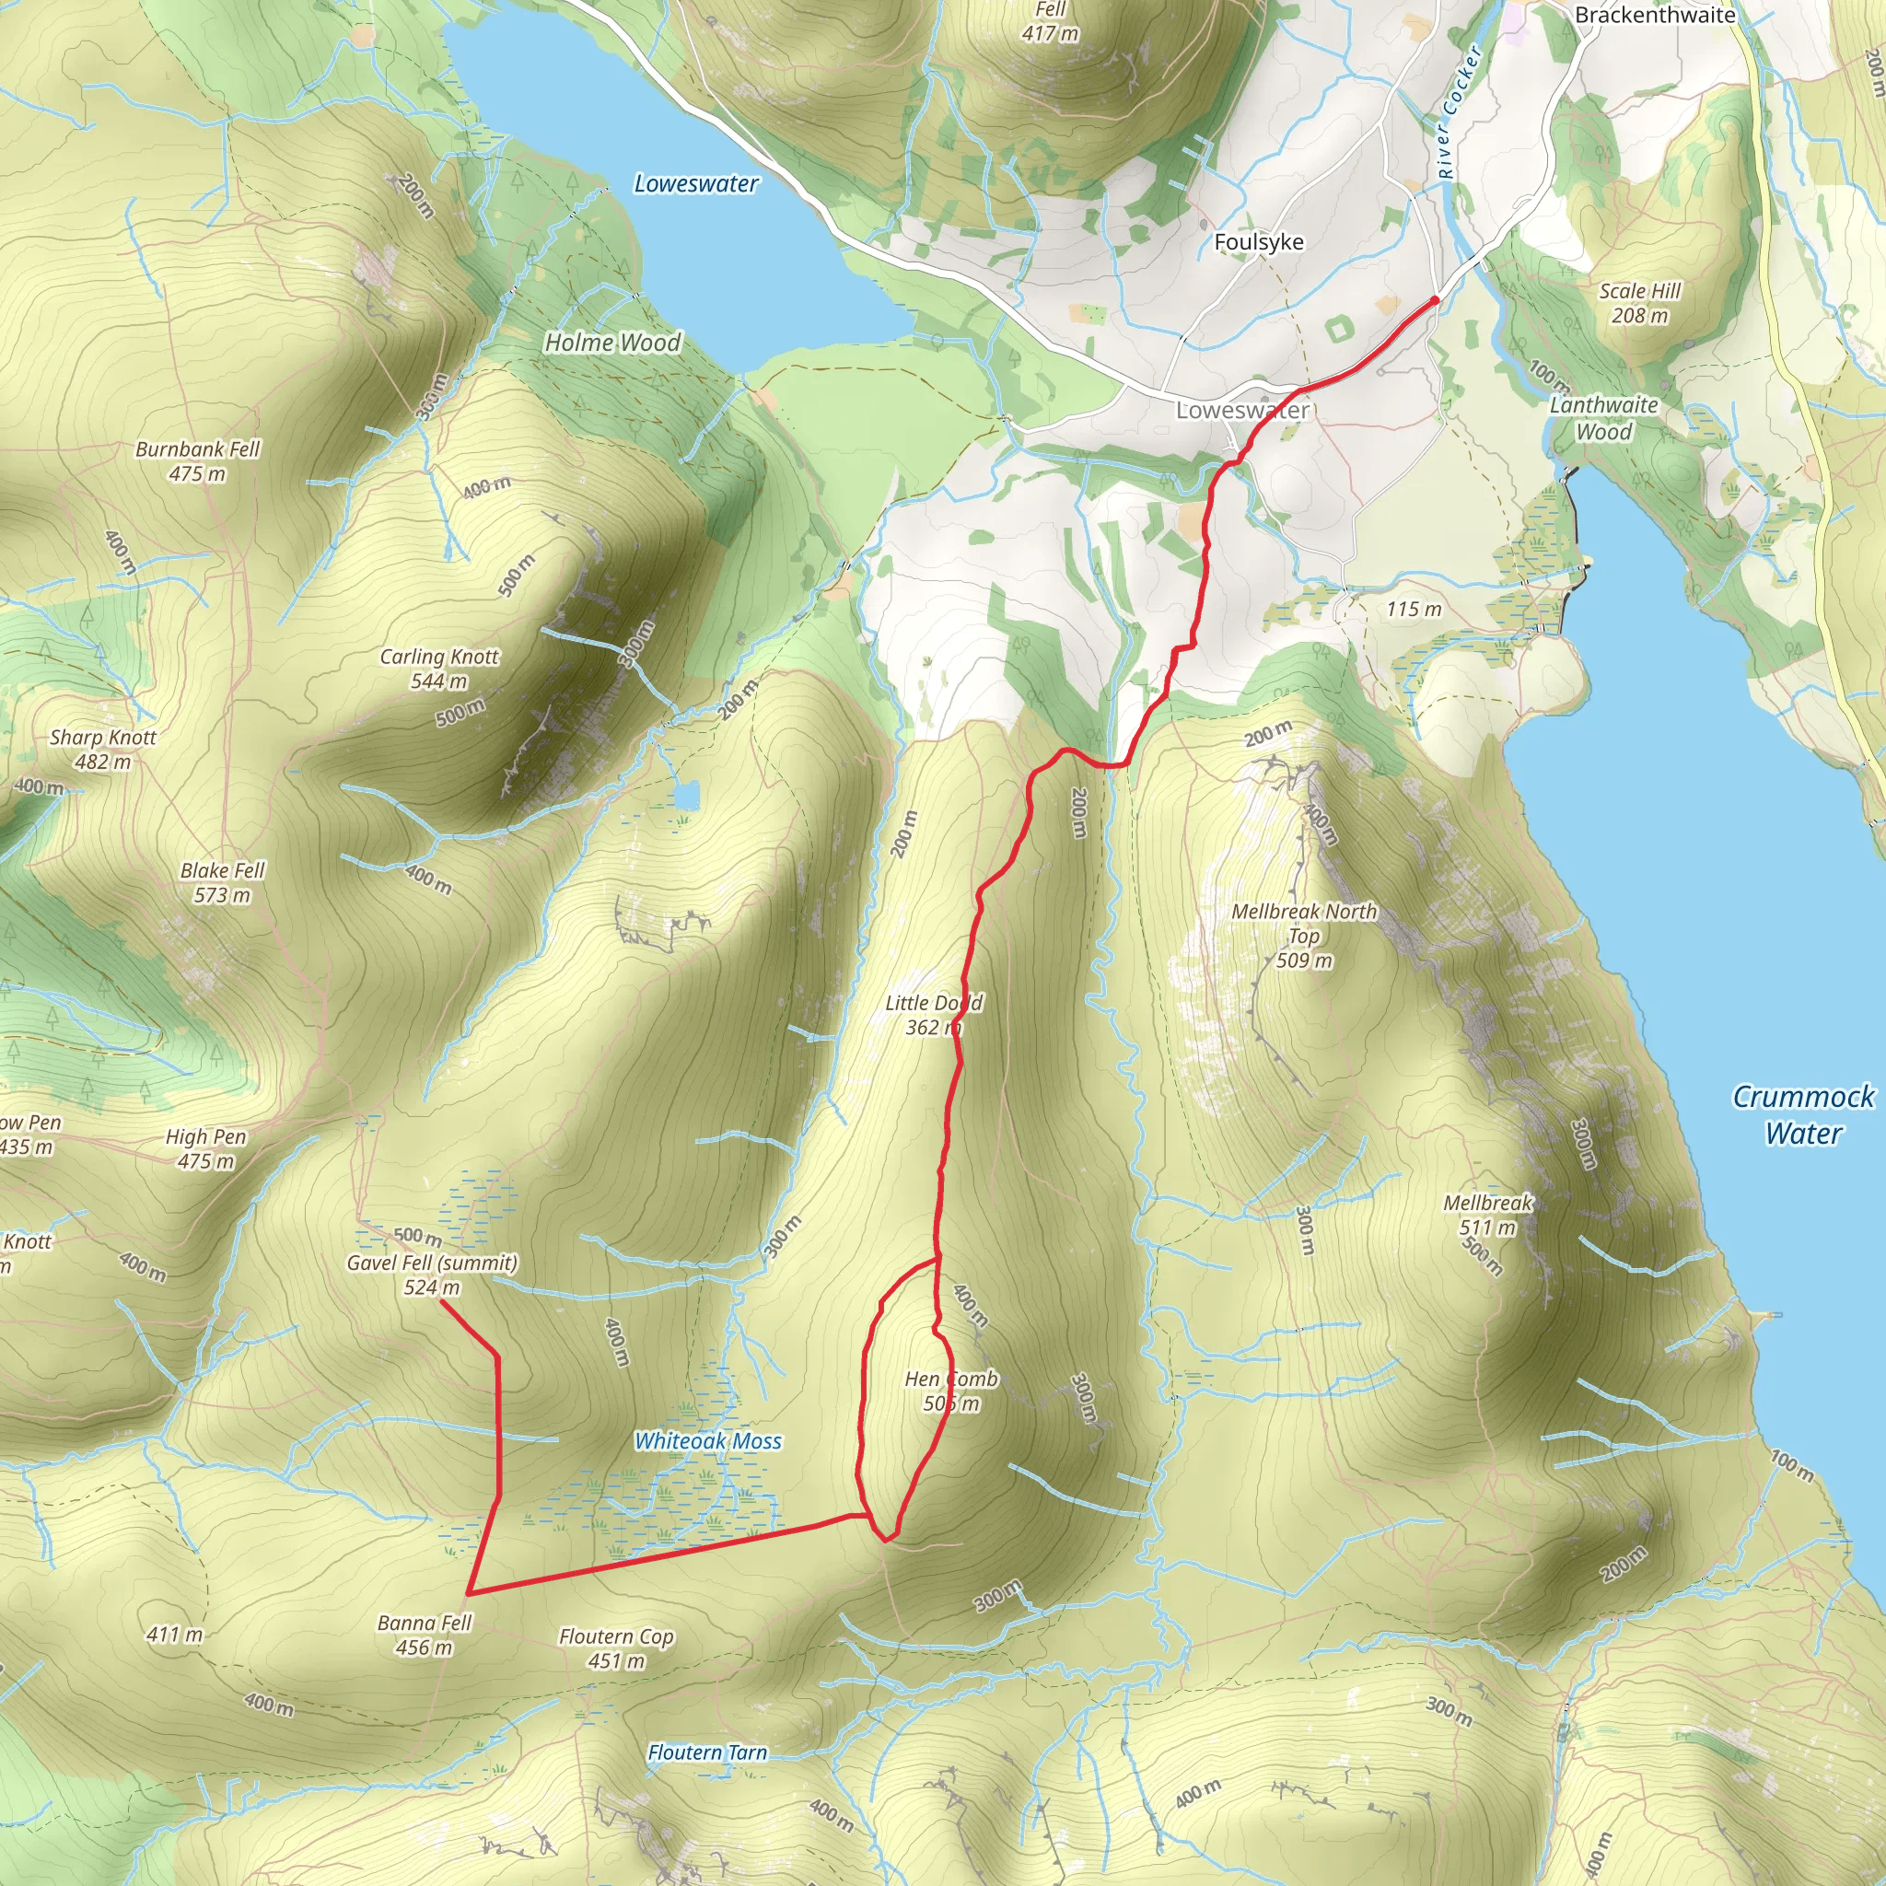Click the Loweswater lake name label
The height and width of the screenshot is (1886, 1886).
[695, 183]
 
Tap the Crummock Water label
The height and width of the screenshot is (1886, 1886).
[1802, 1115]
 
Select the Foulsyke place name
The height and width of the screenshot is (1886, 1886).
[1258, 242]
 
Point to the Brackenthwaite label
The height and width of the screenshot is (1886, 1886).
[1655, 15]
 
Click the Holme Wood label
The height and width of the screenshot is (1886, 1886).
[612, 343]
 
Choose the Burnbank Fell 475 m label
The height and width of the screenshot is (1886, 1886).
[197, 460]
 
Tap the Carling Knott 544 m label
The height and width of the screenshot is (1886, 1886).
[439, 669]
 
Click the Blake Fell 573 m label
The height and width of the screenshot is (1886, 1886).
[222, 882]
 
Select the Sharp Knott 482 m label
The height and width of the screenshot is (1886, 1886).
[102, 749]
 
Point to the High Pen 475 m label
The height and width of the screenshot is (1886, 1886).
[206, 1148]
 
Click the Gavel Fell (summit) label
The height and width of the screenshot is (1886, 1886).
[432, 1263]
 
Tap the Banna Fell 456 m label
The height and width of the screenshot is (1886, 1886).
[425, 1636]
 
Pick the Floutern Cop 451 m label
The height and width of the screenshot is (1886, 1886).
[616, 1648]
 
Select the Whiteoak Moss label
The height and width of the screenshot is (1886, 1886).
[708, 1441]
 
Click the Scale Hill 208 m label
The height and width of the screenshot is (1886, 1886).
[1640, 303]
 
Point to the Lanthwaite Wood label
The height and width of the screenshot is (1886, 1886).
[1604, 418]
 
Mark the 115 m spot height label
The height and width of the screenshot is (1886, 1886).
[1414, 609]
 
